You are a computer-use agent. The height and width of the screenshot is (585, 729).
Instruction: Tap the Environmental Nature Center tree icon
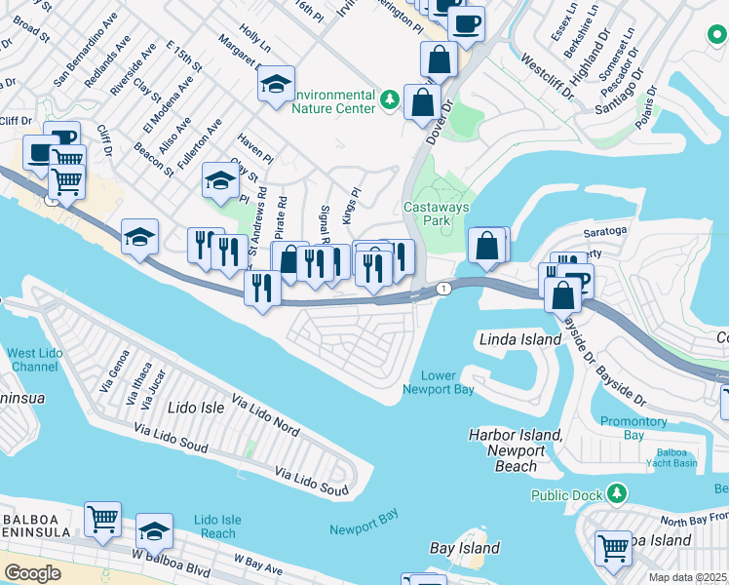click(390, 98)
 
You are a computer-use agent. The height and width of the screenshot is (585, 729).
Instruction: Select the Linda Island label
click(520, 339)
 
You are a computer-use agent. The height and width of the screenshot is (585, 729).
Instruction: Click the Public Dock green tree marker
click(616, 494)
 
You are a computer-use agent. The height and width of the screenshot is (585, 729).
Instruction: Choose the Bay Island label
click(465, 549)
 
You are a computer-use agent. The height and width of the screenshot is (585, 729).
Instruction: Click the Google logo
click(32, 573)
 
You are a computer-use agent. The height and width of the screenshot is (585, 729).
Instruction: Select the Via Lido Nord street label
click(265, 414)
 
